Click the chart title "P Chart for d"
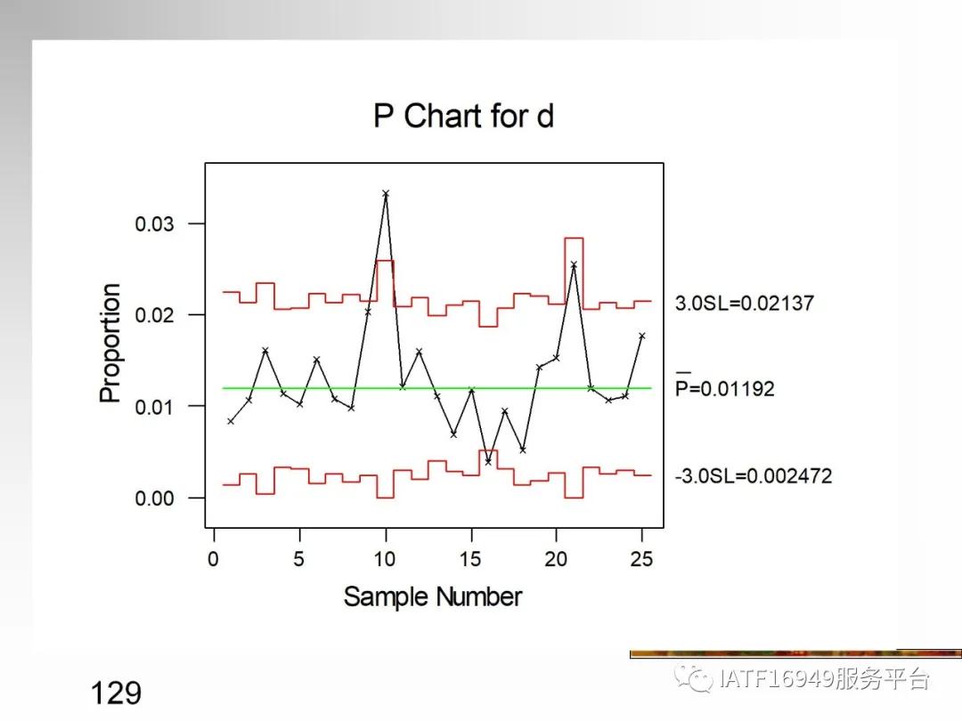tap(463, 117)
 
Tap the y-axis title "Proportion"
tap(110, 343)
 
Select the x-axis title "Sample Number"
tap(433, 595)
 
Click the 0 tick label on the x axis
tap(214, 559)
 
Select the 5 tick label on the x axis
tap(299, 559)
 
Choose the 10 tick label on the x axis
tap(385, 559)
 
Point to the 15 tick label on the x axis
tap(470, 559)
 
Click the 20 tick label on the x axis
tap(556, 559)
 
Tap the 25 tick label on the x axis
tap(641, 559)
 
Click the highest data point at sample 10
tap(386, 193)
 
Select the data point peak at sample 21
tap(574, 264)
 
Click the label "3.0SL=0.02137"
tap(745, 304)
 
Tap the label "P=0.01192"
tap(725, 389)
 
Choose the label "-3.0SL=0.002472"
tap(754, 476)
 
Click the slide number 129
tap(116, 693)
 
